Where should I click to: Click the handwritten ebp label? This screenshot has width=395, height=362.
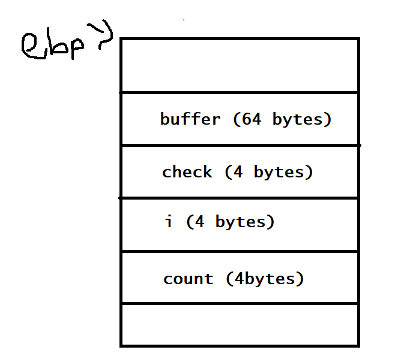[x=52, y=47]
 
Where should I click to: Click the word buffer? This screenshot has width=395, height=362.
[x=190, y=119]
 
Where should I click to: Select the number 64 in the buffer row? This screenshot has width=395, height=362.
[x=251, y=119]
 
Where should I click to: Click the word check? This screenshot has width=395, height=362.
[x=187, y=172]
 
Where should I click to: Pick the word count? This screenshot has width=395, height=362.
[x=188, y=279]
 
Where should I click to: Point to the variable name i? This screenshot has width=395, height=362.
[x=169, y=221]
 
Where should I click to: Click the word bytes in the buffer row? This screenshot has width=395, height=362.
[x=298, y=120]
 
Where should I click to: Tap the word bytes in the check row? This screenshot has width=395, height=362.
[x=279, y=173]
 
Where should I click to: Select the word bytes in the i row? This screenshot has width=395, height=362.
[x=241, y=222]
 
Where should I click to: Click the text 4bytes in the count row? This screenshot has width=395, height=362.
[x=265, y=279]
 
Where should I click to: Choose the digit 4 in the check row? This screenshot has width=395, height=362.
[x=238, y=172]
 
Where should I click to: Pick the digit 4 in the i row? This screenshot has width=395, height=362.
[x=199, y=221]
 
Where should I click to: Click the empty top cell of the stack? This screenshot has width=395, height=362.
[x=240, y=66]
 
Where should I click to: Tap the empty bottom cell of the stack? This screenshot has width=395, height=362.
[x=240, y=325]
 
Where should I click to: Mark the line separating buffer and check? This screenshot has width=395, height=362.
[x=240, y=146]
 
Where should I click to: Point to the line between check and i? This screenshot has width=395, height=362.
[x=239, y=198]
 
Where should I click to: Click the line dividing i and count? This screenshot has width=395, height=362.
[x=240, y=251]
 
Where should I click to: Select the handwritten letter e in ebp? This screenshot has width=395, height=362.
[x=32, y=47]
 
